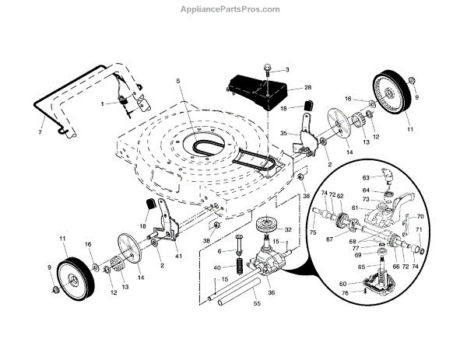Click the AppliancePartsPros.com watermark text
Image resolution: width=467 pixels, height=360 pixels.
[233, 9]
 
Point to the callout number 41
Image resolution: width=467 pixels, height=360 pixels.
[179, 255]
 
